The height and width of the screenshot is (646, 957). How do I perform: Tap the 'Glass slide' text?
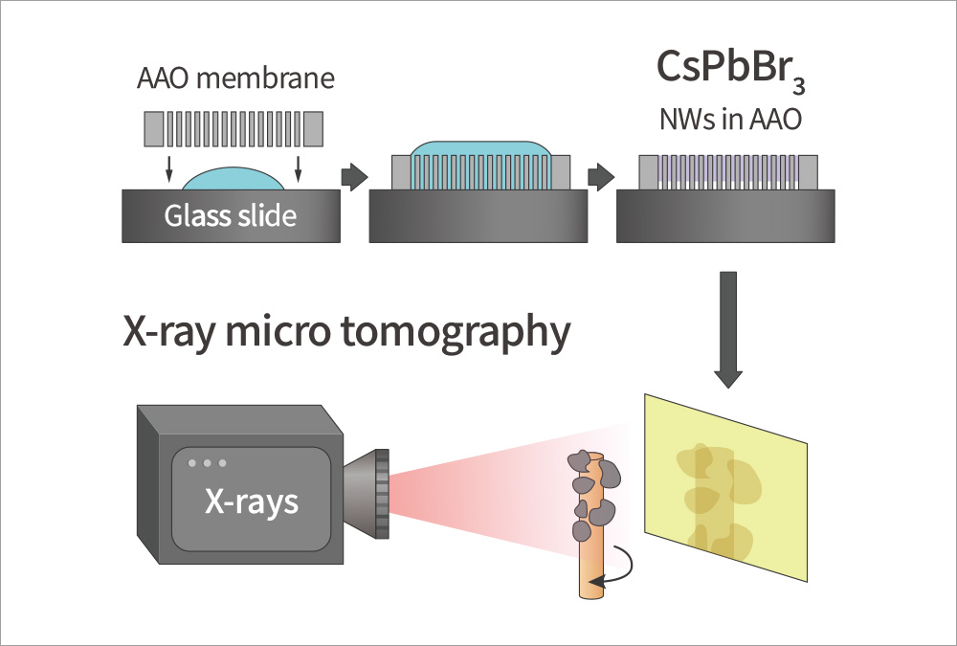coord(231,215)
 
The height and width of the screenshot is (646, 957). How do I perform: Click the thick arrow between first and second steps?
coord(354,177)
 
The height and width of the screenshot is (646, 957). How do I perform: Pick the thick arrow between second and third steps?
coord(600,177)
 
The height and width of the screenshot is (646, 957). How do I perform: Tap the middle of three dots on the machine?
coord(207,463)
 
